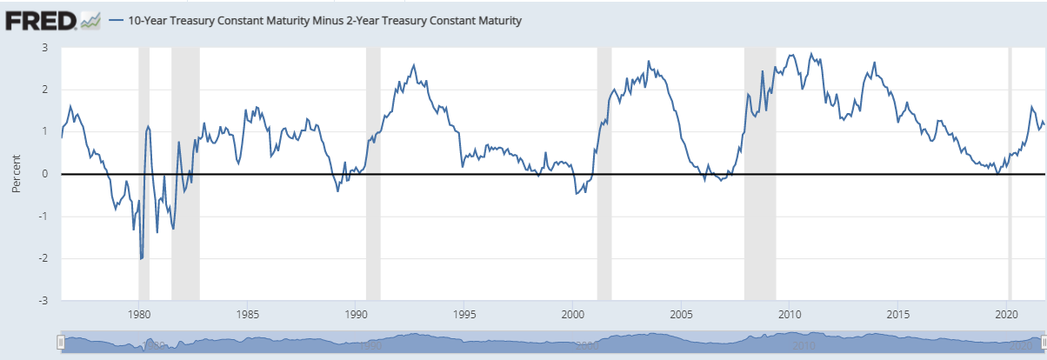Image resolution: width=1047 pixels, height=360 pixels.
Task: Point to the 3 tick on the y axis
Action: [43, 48]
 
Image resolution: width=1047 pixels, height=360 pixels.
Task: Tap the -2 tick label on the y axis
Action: [40, 259]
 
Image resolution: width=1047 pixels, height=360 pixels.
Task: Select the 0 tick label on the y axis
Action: [43, 175]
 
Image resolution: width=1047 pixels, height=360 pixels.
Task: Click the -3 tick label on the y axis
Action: [40, 301]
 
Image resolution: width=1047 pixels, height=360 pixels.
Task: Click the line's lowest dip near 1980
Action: [141, 258]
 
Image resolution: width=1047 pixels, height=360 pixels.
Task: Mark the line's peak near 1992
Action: [414, 65]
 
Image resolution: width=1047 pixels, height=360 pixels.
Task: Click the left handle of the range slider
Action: [60, 343]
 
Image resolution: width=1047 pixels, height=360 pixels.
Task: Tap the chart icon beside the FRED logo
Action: [91, 20]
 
